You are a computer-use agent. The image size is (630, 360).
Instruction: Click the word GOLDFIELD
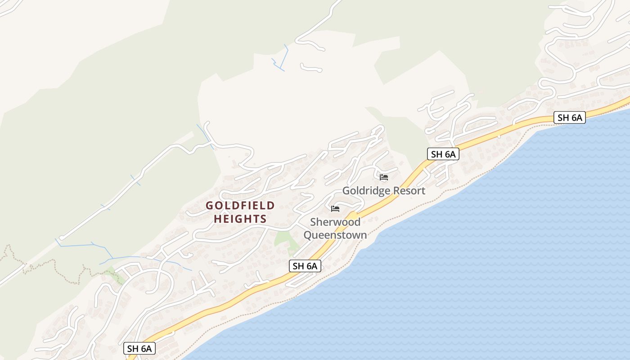click(x=240, y=206)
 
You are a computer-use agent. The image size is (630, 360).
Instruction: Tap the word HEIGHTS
click(x=240, y=219)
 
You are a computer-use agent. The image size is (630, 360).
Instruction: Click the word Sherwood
click(x=335, y=222)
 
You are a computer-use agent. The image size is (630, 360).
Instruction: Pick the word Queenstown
click(x=335, y=235)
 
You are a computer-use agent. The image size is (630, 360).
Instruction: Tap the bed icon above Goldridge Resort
click(x=384, y=177)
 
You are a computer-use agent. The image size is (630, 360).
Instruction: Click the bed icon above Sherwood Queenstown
click(x=335, y=209)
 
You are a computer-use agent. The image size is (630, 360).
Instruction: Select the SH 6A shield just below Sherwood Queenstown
click(x=305, y=266)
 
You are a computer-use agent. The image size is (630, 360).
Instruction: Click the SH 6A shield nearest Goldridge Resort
click(x=443, y=154)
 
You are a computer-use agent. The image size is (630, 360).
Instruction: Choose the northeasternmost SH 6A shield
click(x=570, y=118)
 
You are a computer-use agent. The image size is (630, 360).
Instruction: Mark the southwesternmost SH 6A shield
click(x=139, y=348)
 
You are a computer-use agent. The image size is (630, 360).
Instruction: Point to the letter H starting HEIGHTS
click(x=218, y=219)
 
